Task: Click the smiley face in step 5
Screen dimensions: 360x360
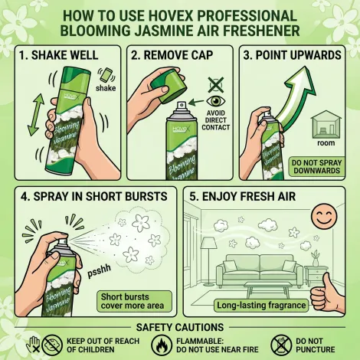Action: pos(324,216)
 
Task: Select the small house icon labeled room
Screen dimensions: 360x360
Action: pos(326,124)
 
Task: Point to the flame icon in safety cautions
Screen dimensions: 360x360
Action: pos(162,345)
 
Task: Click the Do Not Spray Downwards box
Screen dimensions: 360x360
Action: pos(316,167)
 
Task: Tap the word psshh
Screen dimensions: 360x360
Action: pos(100,270)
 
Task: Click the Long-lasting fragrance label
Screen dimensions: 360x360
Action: pos(261,306)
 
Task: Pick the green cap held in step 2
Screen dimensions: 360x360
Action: pos(168,86)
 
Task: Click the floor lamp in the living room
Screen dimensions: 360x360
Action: pos(209,263)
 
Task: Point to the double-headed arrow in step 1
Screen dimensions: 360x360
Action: pos(36,115)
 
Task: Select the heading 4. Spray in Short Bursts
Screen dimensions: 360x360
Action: pos(94,197)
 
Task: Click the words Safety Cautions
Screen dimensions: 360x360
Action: pos(180,327)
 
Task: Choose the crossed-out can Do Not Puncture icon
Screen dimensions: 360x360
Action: pos(281,345)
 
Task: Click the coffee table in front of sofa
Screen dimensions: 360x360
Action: pos(267,289)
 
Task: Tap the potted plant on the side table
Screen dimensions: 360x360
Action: pos(316,258)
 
